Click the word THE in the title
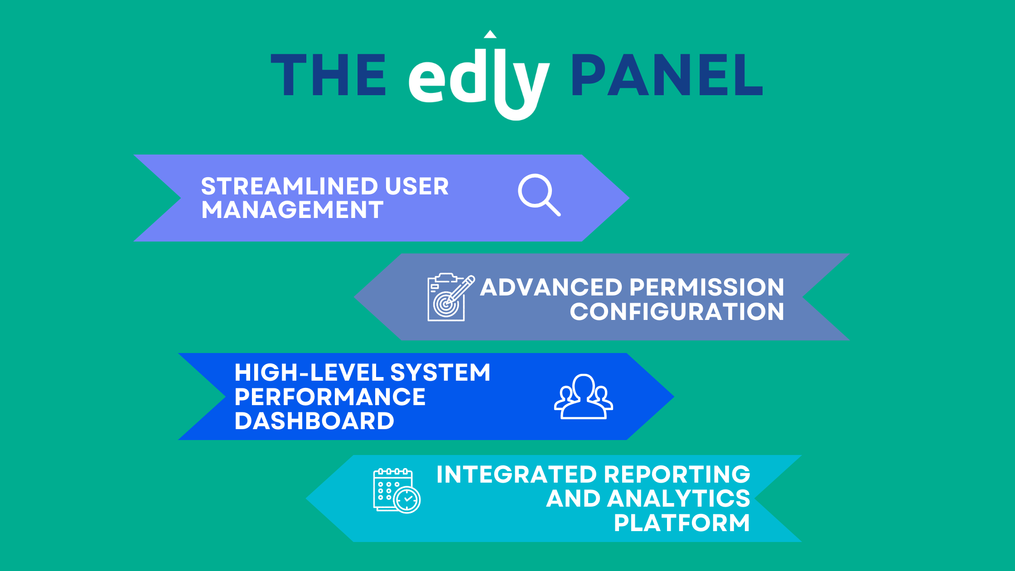[328, 75]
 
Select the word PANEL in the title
[667, 75]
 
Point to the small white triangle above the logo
[490, 34]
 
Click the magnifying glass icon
[539, 195]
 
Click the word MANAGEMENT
[292, 210]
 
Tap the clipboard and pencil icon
[451, 297]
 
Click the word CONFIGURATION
[677, 312]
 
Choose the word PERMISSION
[707, 287]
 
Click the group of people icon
[584, 397]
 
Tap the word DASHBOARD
[314, 421]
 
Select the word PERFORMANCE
[330, 397]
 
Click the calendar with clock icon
[397, 491]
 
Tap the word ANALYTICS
[678, 498]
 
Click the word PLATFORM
[682, 523]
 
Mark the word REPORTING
[677, 474]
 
